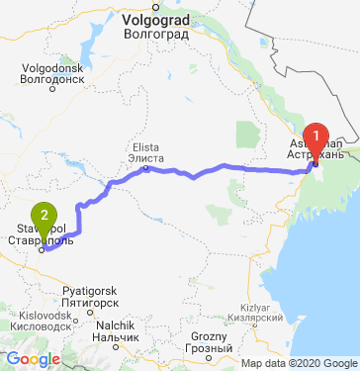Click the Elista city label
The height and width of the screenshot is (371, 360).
(144, 146)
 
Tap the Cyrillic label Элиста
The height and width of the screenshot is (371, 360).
(144, 156)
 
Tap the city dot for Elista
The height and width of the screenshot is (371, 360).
(145, 168)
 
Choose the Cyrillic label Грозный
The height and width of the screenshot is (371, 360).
(210, 349)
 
